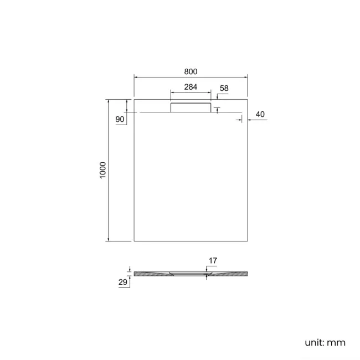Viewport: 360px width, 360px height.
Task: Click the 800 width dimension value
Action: point(191,71)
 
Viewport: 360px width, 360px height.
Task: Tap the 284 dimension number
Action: point(191,86)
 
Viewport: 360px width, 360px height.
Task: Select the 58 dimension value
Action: point(224,88)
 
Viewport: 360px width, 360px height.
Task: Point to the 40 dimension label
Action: point(261,114)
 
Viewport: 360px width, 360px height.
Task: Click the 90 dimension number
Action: point(120,120)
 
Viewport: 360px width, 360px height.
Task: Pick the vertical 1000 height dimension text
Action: point(102,171)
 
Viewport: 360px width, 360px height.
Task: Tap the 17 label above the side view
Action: point(213,260)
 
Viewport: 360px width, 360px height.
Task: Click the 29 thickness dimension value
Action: point(124,282)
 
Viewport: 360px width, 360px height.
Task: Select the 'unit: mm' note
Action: point(325,342)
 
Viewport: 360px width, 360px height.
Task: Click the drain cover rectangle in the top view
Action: point(191,106)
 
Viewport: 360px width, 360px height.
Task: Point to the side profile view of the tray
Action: point(191,274)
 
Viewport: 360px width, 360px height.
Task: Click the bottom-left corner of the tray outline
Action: point(135,241)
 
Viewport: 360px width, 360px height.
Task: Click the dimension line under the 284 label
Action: point(191,92)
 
